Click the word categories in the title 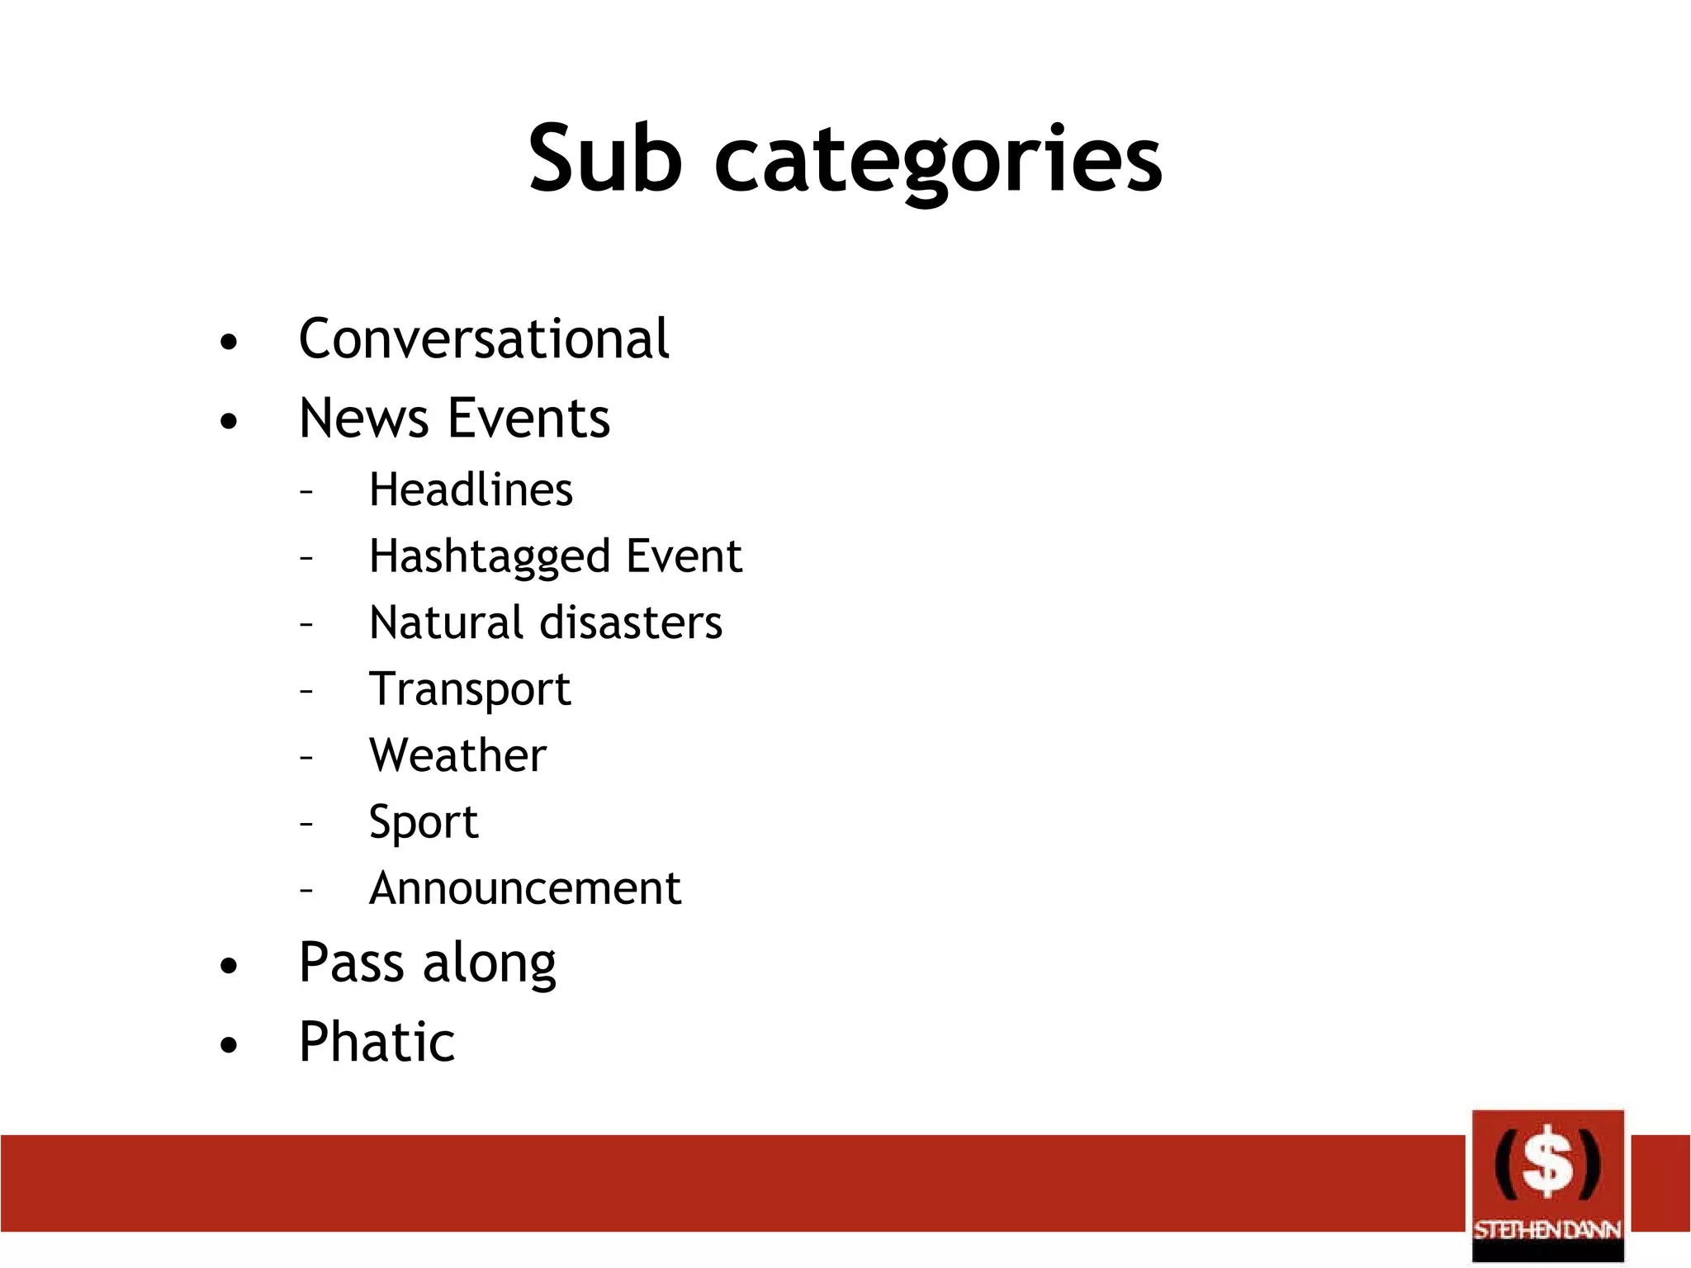(938, 162)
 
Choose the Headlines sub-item (471, 490)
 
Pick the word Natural (446, 622)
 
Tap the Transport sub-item (469, 689)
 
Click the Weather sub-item (457, 755)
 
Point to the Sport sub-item (423, 823)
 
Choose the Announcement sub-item (525, 888)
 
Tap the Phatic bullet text (377, 1042)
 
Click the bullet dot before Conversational (229, 342)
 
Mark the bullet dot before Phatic (229, 1045)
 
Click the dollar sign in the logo (1547, 1162)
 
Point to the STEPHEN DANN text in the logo (1547, 1230)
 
